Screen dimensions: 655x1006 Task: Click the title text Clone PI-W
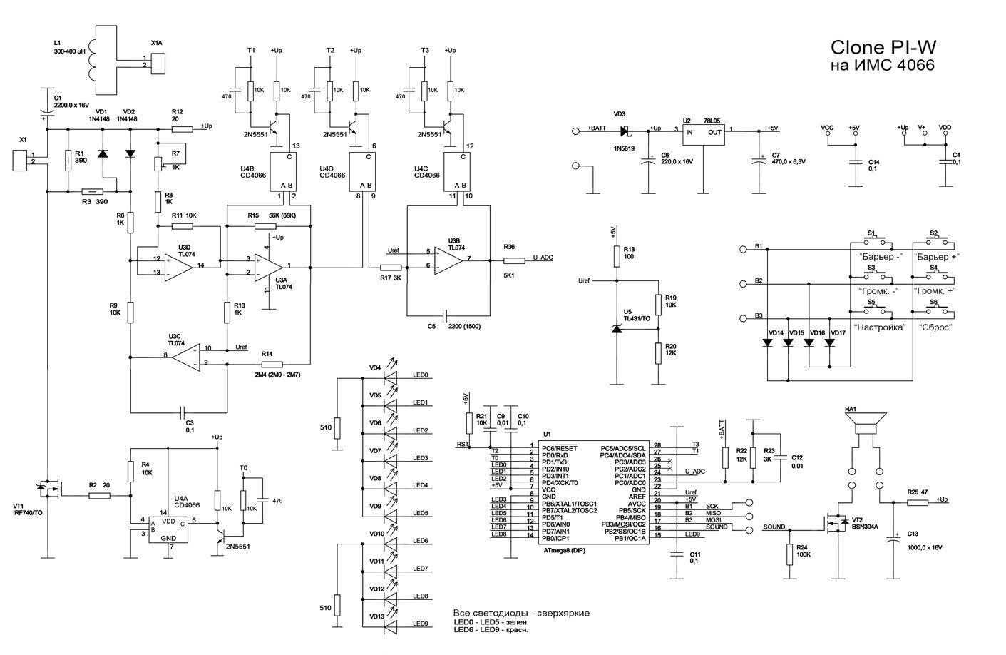pyautogui.click(x=883, y=47)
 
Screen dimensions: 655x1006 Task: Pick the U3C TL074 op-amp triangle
pyautogui.click(x=182, y=356)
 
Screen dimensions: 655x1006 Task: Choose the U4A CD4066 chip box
pyautogui.click(x=168, y=529)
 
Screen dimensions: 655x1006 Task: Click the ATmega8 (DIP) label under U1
pyautogui.click(x=564, y=550)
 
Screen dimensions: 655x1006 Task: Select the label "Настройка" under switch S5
pyautogui.click(x=881, y=327)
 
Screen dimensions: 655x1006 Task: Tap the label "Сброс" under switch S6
pyautogui.click(x=935, y=327)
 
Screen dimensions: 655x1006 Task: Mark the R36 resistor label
pyautogui.click(x=509, y=247)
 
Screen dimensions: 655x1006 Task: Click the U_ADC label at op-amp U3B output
pyautogui.click(x=543, y=258)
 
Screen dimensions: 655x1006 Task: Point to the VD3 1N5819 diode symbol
pyautogui.click(x=625, y=131)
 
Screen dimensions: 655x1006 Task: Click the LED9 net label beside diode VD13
pyautogui.click(x=420, y=624)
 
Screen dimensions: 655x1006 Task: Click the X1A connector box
pyautogui.click(x=160, y=61)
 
